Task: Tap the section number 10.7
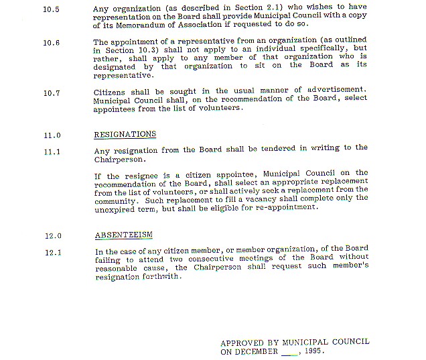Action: click(52, 93)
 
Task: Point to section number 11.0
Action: click(52, 135)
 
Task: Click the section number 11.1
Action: click(52, 152)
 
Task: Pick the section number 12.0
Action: click(52, 236)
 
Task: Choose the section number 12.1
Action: click(52, 253)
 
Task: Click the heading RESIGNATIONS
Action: click(125, 134)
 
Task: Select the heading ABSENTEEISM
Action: click(123, 235)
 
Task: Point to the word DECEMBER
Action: click(257, 351)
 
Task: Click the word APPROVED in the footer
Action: click(242, 342)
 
